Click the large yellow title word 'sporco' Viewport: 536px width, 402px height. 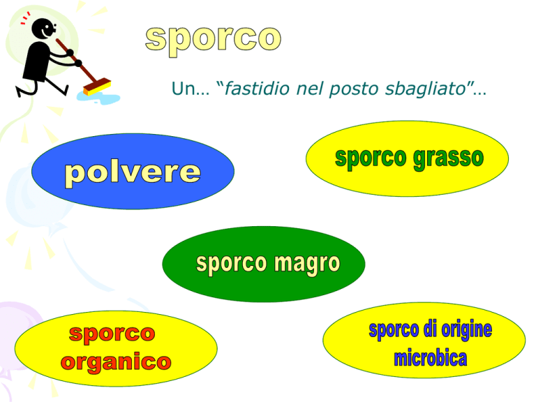click(214, 40)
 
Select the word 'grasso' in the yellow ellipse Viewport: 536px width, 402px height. click(449, 159)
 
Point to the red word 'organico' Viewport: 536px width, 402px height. click(116, 363)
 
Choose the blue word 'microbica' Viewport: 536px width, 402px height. click(431, 358)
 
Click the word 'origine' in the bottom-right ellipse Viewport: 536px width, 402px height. click(467, 330)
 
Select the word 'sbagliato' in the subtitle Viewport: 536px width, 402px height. click(426, 89)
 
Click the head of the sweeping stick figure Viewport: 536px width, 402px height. click(43, 29)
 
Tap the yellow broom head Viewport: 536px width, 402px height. click(98, 87)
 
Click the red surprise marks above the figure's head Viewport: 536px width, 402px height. click(25, 18)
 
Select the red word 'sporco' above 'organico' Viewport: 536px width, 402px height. click(112, 334)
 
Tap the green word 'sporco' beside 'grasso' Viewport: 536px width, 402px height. click(371, 158)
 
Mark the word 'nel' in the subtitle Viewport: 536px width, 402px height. click(309, 89)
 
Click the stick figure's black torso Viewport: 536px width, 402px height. click(38, 61)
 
